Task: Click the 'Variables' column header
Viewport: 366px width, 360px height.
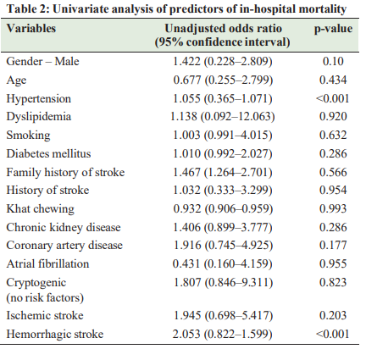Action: pyautogui.click(x=31, y=29)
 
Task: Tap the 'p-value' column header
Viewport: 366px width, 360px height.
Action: pyautogui.click(x=333, y=29)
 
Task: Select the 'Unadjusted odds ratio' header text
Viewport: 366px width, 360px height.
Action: pyautogui.click(x=223, y=29)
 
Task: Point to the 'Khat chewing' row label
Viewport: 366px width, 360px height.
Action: pyautogui.click(x=41, y=209)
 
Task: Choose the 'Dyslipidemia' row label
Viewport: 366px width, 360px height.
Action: pyautogui.click(x=39, y=117)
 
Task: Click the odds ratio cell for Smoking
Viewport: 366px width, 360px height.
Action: pyautogui.click(x=223, y=136)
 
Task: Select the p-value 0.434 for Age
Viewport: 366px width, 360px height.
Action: pyautogui.click(x=333, y=80)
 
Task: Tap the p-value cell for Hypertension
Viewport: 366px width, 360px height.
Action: pyautogui.click(x=332, y=98)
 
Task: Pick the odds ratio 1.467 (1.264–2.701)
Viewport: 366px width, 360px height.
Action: pyautogui.click(x=223, y=172)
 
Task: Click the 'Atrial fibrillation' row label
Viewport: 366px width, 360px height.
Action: pyautogui.click(x=47, y=264)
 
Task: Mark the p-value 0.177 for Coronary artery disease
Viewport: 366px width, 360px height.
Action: pyautogui.click(x=333, y=245)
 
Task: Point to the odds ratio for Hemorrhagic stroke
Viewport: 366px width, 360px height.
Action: pyautogui.click(x=223, y=335)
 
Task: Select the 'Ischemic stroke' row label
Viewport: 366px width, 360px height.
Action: pyautogui.click(x=45, y=316)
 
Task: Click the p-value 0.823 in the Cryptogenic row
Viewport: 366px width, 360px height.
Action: pyautogui.click(x=333, y=282)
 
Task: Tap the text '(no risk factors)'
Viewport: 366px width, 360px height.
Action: pyautogui.click(x=45, y=298)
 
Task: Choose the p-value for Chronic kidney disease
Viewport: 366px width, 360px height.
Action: pyautogui.click(x=333, y=227)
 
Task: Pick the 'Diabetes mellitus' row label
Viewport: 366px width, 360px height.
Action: pyautogui.click(x=48, y=154)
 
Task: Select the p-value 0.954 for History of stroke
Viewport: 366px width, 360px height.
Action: pyautogui.click(x=333, y=190)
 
